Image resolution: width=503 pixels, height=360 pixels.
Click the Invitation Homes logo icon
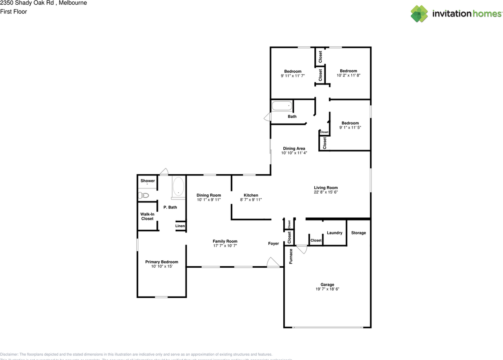419,14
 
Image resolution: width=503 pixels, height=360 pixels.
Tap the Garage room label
327,285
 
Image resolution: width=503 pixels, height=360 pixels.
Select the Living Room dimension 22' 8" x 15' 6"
325,192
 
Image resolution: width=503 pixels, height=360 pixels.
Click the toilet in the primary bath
143,195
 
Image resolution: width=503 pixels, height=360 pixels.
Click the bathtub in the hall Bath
282,106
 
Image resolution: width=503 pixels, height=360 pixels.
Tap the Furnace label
291,256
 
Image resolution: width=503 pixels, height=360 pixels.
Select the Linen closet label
180,226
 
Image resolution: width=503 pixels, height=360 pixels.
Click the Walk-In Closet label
147,216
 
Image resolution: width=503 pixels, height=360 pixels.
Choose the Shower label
148,181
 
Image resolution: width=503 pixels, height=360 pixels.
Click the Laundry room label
334,233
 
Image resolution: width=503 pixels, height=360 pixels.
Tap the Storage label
358,233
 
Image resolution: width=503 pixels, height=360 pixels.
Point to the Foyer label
274,243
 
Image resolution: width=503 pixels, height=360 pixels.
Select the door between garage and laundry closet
302,249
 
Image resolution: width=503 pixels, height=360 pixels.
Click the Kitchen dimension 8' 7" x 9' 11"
251,200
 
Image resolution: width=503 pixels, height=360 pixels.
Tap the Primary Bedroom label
162,262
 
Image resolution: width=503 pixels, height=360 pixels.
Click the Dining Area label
294,148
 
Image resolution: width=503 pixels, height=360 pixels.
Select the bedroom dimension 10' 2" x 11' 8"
348,75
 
